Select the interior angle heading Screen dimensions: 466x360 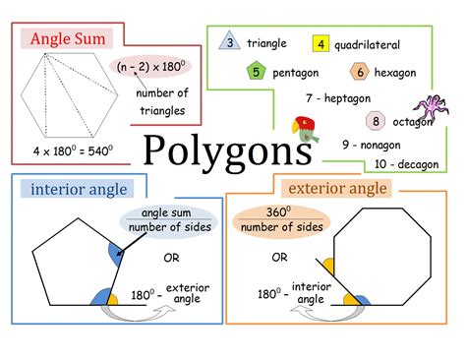(x=77, y=189)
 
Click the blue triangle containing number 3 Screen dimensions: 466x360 (x=230, y=42)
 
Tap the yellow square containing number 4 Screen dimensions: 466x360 (x=320, y=44)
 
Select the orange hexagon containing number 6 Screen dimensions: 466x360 (x=361, y=72)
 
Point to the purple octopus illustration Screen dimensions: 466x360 (x=431, y=108)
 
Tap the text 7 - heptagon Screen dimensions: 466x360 (x=338, y=97)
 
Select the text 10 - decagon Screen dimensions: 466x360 (x=405, y=164)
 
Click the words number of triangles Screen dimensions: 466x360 (x=161, y=101)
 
